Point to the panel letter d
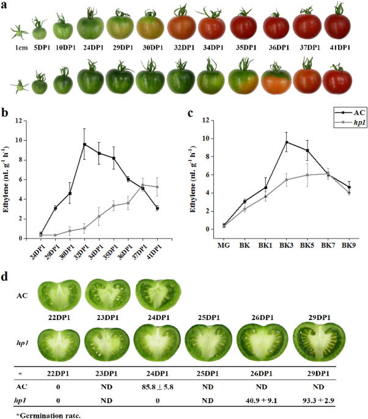(5, 276)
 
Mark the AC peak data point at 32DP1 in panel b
(84, 144)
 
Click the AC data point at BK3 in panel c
(286, 142)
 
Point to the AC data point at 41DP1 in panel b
(157, 208)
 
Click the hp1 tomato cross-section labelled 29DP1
(315, 338)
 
